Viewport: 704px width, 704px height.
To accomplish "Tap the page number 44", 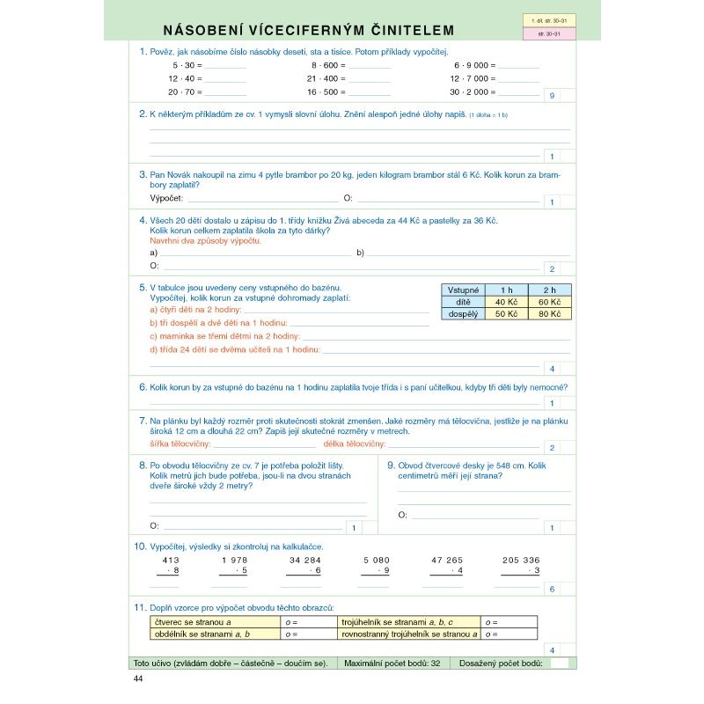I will (x=137, y=678).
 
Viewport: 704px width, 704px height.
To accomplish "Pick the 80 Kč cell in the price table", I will (x=549, y=313).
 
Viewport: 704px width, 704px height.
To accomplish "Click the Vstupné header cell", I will (x=463, y=290).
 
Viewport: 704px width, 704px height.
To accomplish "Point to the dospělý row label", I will (x=463, y=313).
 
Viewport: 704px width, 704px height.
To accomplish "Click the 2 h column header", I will (x=549, y=290).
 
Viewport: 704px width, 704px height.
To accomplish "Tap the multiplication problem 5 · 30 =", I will (x=187, y=65).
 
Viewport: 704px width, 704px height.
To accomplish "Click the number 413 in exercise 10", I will (x=171, y=560).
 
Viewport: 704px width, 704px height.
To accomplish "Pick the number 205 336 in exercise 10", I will (x=521, y=560).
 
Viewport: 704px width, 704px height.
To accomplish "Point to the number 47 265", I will (x=447, y=560).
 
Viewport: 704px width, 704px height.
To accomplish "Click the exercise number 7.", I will (x=143, y=421).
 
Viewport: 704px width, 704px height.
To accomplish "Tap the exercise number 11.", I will (x=140, y=607).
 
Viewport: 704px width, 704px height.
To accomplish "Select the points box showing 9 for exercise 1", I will (x=552, y=95).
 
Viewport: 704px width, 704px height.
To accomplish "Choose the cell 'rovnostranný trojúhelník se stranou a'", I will (x=409, y=634).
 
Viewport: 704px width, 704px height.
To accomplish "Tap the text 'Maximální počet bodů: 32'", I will (x=393, y=663).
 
